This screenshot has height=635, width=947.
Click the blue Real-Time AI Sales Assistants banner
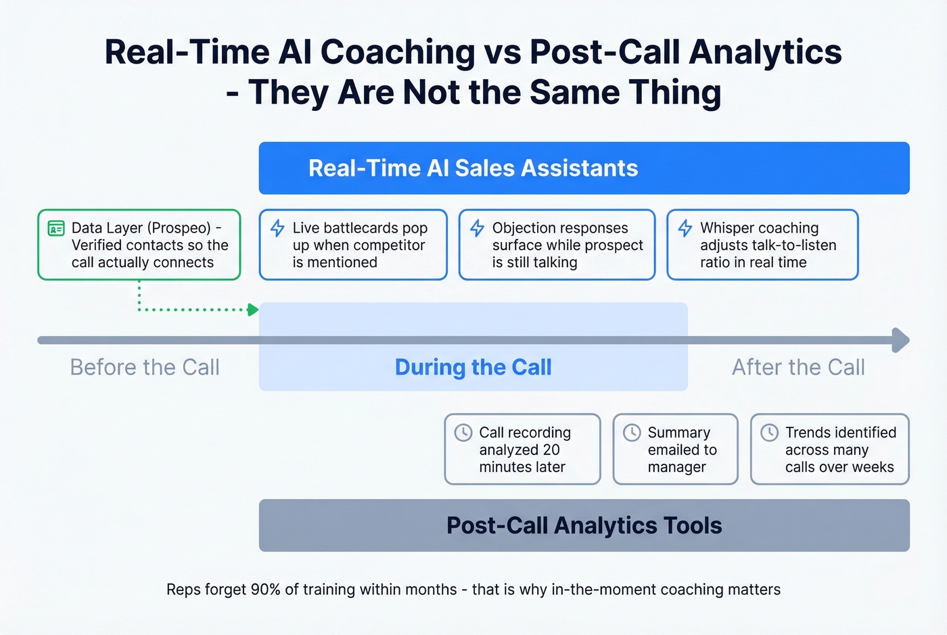584,168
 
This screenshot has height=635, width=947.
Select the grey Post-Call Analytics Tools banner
584,525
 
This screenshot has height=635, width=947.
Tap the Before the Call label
145,367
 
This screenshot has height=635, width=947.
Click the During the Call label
473,367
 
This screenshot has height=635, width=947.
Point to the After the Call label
798,367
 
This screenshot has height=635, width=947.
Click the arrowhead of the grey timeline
901,340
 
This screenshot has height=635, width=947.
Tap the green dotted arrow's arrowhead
254,310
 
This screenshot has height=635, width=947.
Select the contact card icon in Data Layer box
56,229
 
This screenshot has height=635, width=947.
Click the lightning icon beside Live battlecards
277,228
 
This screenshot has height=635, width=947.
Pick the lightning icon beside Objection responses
477,228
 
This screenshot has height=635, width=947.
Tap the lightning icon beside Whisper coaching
685,228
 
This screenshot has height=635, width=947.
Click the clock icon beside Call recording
463,432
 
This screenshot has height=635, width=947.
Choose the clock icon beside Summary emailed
631,432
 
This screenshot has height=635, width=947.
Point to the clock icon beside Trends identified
769,432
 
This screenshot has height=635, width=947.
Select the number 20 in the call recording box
551,450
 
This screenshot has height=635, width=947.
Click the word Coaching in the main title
398,52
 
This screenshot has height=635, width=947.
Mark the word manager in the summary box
676,467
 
